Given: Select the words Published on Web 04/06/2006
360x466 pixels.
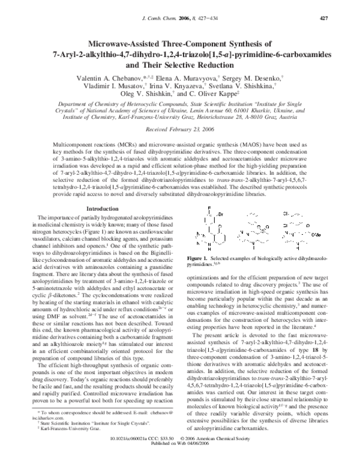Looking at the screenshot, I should coord(179,459).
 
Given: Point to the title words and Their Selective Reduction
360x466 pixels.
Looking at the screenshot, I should coord(179,65).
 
